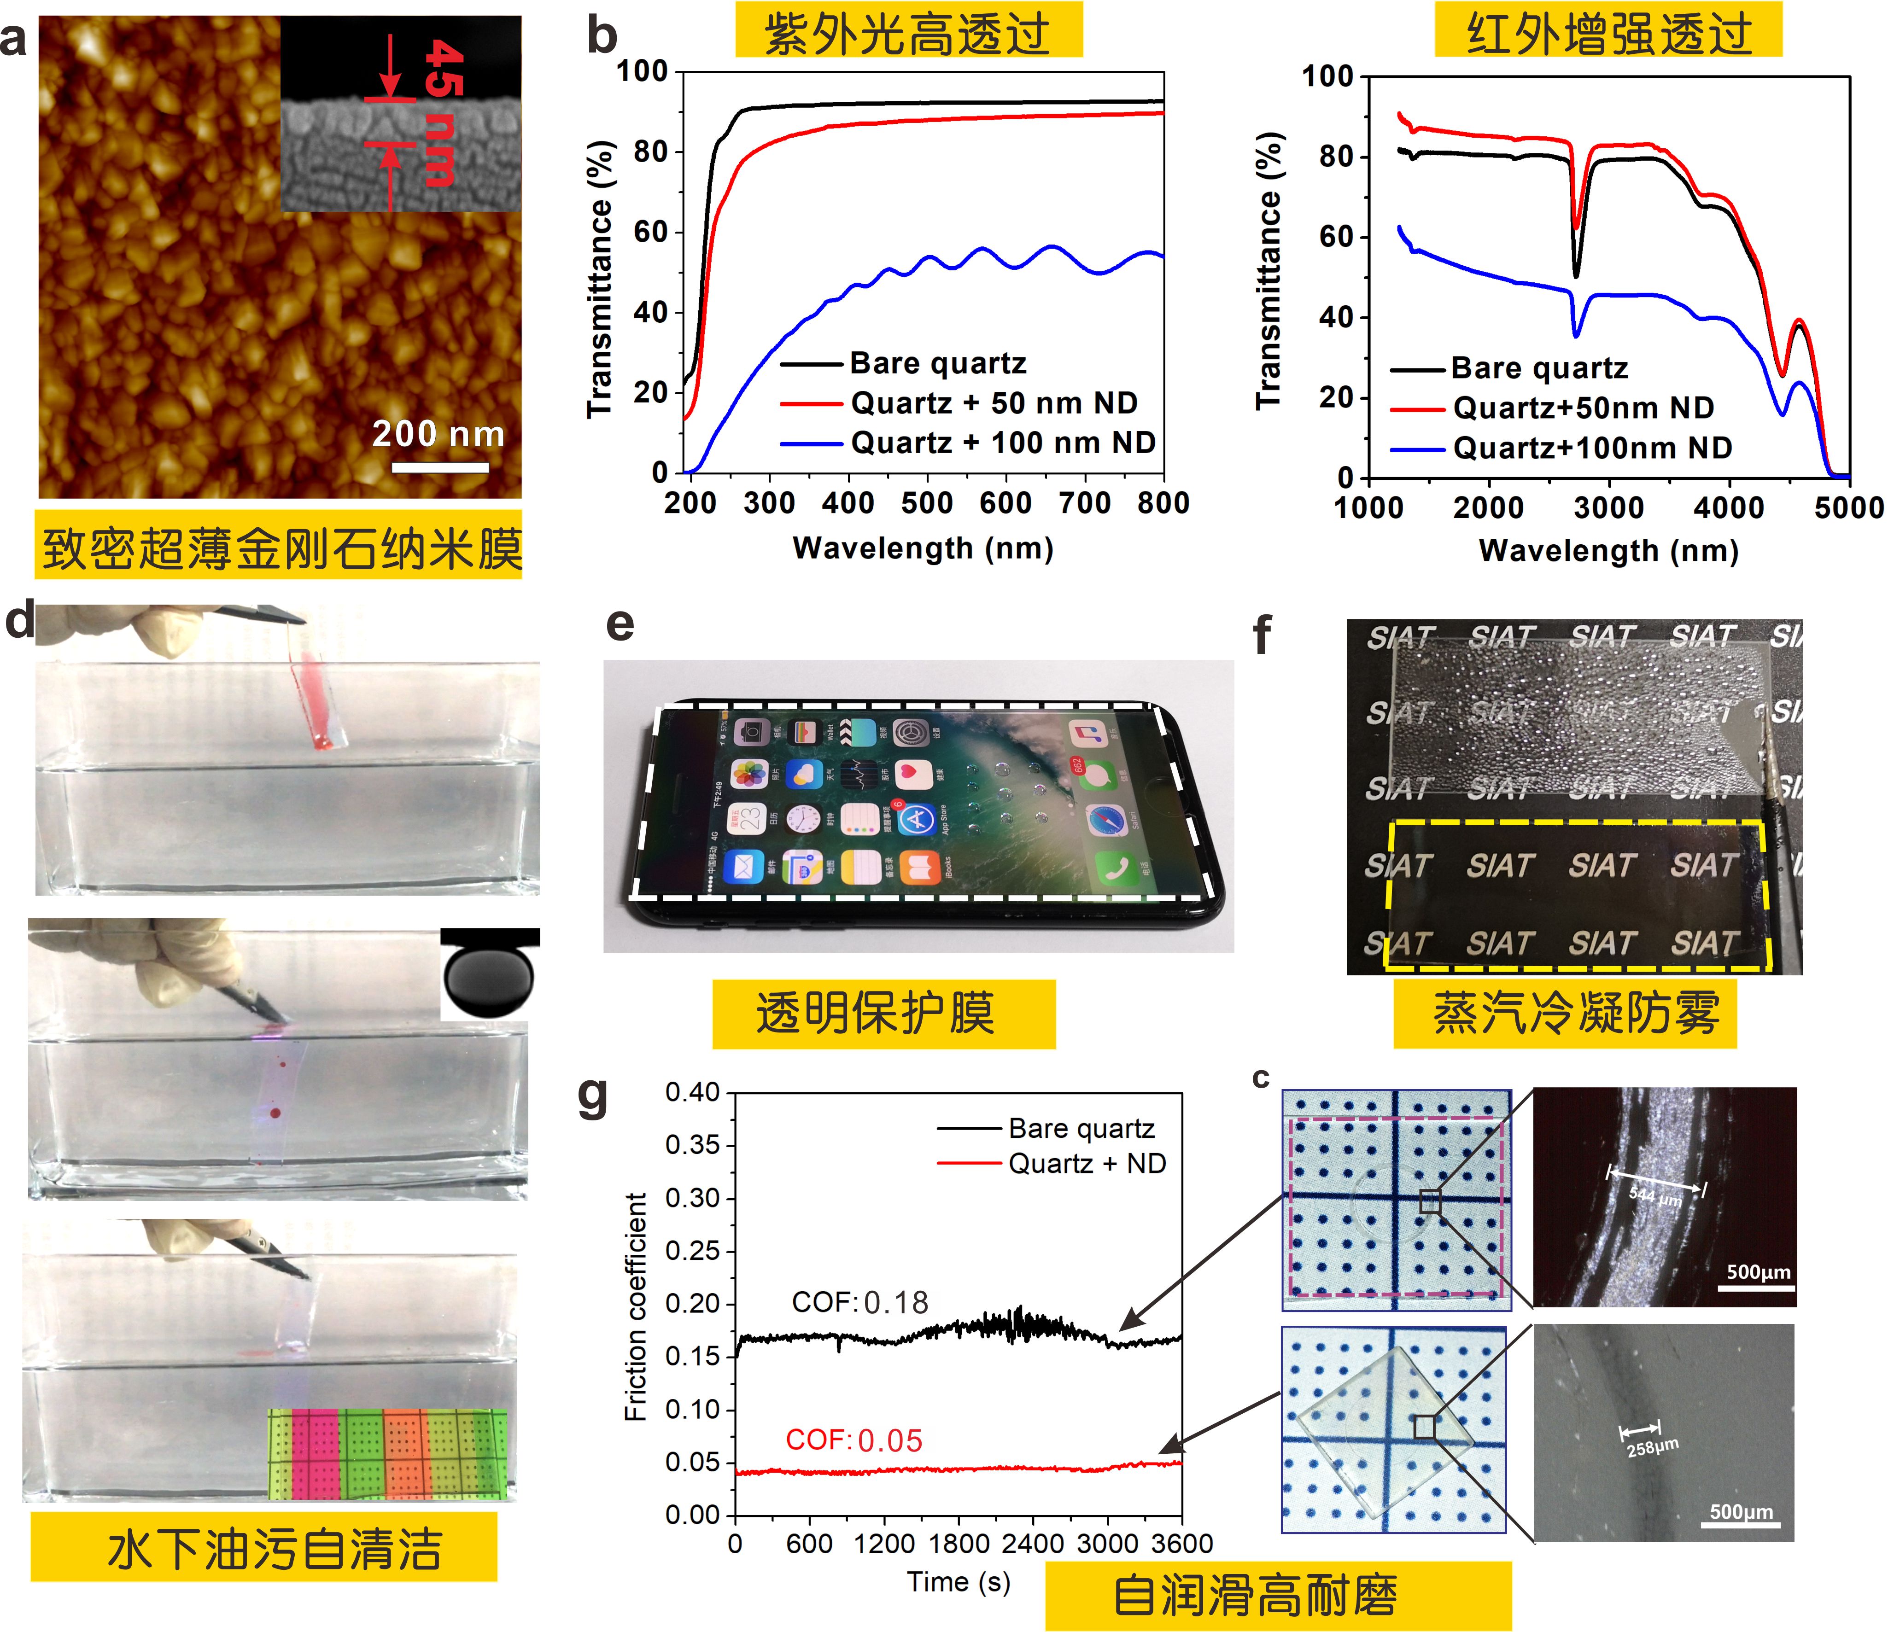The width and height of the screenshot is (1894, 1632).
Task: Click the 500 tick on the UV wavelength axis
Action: pyautogui.click(x=927, y=502)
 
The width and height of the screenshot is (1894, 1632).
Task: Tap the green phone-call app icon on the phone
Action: pyautogui.click(x=1116, y=869)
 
